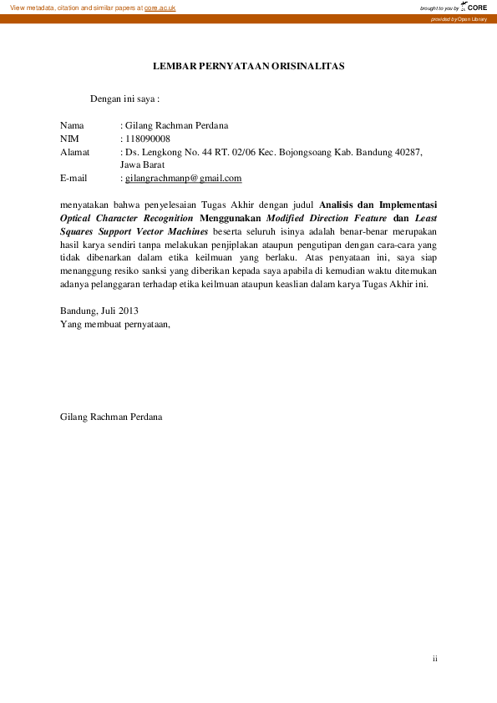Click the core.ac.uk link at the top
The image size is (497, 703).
pyautogui.click(x=160, y=8)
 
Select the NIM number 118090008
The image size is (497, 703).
pyautogui.click(x=147, y=139)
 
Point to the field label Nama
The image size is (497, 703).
pyautogui.click(x=73, y=125)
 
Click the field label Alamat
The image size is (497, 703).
pyautogui.click(x=75, y=152)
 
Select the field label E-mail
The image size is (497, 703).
pyautogui.click(x=74, y=178)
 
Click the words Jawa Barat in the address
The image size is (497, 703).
pyautogui.click(x=143, y=164)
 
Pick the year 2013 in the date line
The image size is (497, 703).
pyautogui.click(x=126, y=311)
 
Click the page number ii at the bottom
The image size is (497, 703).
pyautogui.click(x=435, y=659)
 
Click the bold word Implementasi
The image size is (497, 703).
pyautogui.click(x=408, y=203)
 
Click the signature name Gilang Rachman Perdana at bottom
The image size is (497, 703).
pyautogui.click(x=111, y=416)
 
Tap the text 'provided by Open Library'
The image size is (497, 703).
pyautogui.click(x=459, y=18)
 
